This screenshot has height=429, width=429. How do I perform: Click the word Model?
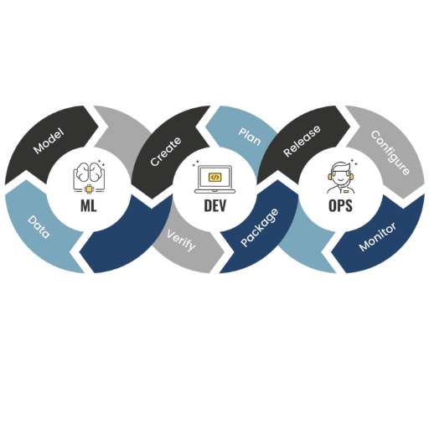49,141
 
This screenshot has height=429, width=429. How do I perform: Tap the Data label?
39,227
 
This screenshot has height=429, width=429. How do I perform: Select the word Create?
166,151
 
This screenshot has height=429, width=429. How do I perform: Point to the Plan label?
250,137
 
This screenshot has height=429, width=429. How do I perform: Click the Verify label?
182,240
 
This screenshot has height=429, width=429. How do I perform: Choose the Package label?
260,227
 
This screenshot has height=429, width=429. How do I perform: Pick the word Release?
302,141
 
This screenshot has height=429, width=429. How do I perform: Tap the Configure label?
390,152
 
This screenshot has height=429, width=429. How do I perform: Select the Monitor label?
378,237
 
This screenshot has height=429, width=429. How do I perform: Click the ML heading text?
89,206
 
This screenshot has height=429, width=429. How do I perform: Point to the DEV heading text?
214,206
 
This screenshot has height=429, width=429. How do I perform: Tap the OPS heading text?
340,206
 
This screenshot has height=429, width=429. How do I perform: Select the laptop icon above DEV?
214,178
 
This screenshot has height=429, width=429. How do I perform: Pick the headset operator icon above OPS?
340,178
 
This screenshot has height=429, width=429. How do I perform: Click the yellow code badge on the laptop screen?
214,177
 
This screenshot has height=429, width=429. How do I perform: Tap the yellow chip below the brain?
89,189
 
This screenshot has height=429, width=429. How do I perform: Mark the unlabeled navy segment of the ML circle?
126,237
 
